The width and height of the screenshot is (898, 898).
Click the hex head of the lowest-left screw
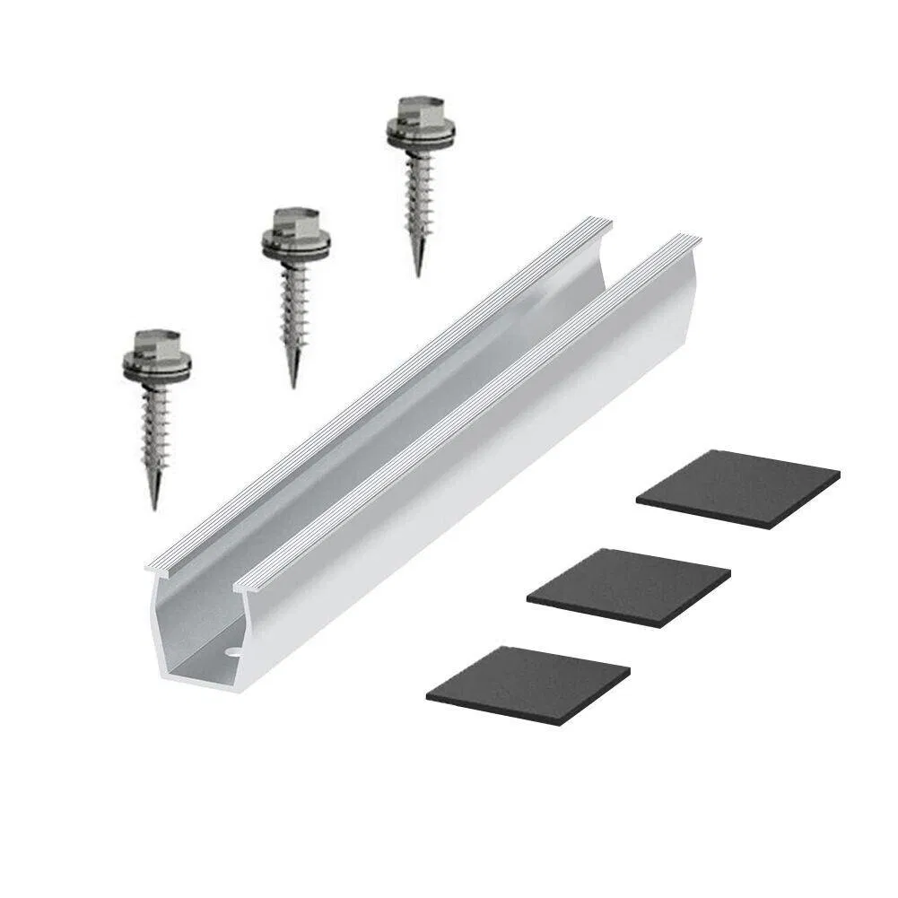(158, 343)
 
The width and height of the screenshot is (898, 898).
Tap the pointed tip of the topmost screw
(418, 273)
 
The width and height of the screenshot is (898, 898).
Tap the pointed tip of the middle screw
(293, 385)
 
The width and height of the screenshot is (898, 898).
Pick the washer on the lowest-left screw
(158, 368)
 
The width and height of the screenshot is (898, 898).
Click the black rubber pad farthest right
(738, 488)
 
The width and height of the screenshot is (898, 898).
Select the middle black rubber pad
(629, 586)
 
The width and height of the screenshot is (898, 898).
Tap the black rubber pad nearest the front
(527, 683)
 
